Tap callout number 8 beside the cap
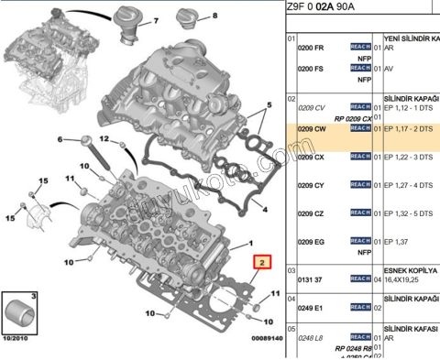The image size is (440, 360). [215, 16]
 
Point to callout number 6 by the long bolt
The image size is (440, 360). [61, 139]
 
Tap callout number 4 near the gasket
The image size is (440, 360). [265, 209]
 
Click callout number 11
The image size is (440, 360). [273, 294]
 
